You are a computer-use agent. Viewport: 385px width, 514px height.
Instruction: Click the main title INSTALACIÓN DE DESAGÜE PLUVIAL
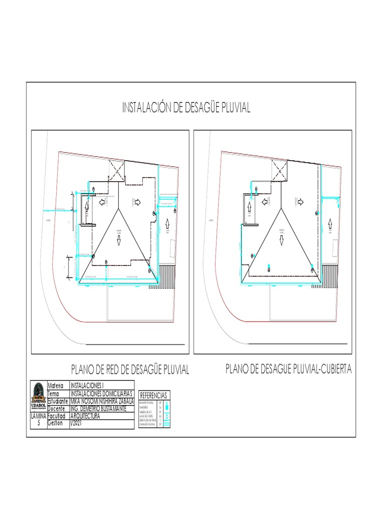click(186, 108)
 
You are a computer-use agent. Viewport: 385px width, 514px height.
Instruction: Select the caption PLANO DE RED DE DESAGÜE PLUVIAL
click(130, 370)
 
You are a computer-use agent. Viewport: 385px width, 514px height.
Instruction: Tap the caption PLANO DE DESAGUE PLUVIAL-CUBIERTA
click(289, 369)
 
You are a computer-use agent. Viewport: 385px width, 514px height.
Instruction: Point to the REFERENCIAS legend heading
click(153, 395)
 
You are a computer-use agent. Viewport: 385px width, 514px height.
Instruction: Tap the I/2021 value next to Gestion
click(78, 423)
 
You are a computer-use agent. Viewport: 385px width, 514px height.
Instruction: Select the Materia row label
click(58, 385)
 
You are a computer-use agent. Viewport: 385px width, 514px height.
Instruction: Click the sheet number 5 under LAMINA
click(38, 423)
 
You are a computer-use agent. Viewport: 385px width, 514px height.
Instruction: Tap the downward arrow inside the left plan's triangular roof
click(119, 241)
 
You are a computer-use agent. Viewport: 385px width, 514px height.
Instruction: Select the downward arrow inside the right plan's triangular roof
click(281, 241)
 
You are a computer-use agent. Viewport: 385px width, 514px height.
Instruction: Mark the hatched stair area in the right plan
click(330, 275)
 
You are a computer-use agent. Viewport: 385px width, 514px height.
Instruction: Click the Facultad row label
click(58, 416)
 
